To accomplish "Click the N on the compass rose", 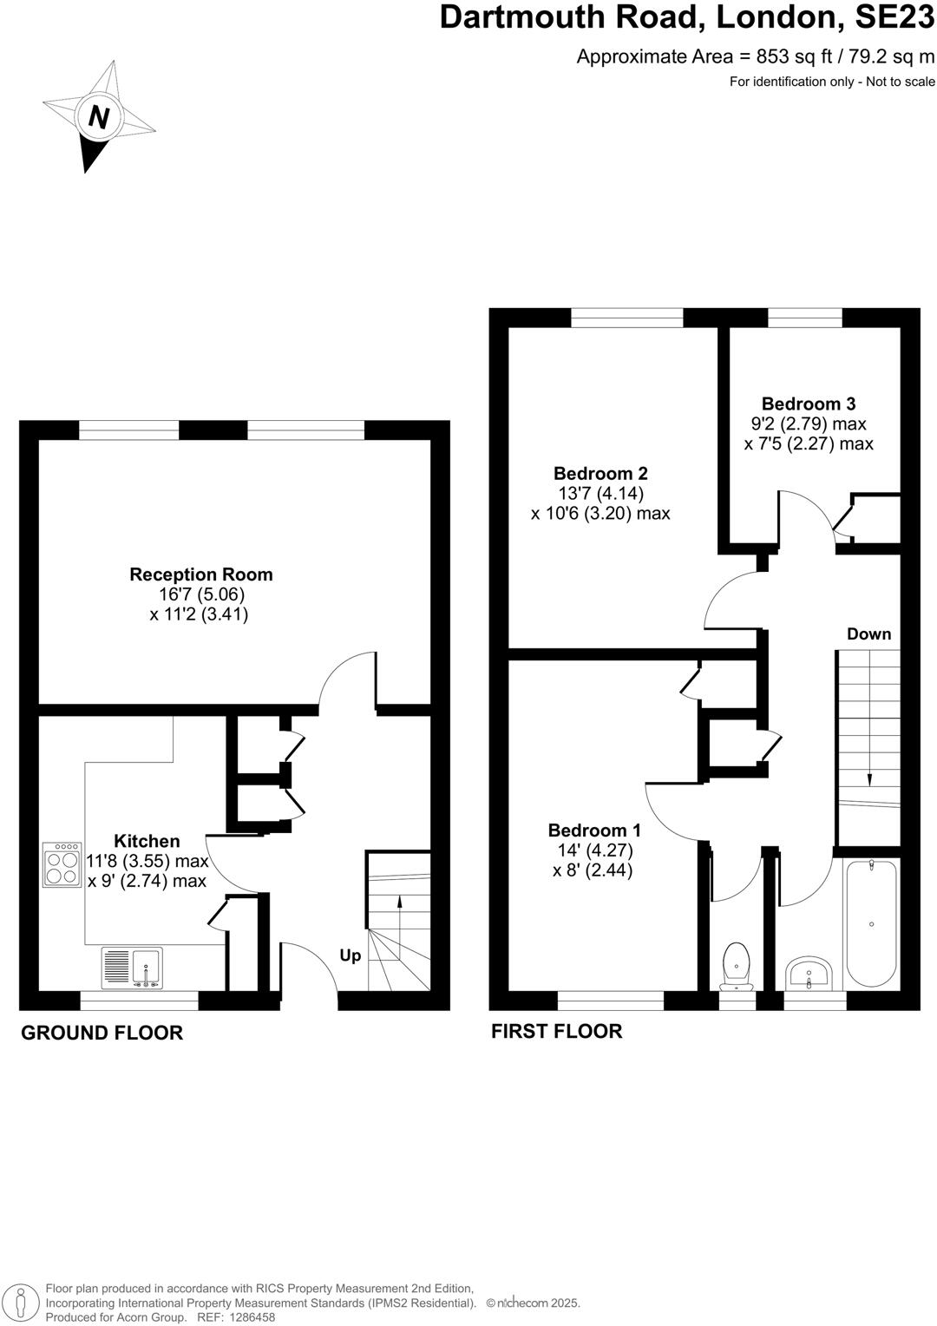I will pos(99,116).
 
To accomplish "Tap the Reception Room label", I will pos(200,574).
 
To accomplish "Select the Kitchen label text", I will pos(147,841).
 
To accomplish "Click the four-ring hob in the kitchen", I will pos(62,864).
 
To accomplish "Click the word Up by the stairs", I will pos(350,955).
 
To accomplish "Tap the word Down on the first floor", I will pos(868,634).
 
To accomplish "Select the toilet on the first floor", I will pos(737,965).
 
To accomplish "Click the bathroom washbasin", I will pos(809,973).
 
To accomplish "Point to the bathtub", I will pos(870,923).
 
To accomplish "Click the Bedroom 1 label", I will pos(594,830).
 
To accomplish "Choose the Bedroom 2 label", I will pos(600,474).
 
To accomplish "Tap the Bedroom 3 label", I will pos(808,404).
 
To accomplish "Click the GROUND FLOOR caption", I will pos(102,1033).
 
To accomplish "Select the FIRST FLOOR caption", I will pos(556,1031).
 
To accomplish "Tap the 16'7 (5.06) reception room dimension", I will pos(200,595).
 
